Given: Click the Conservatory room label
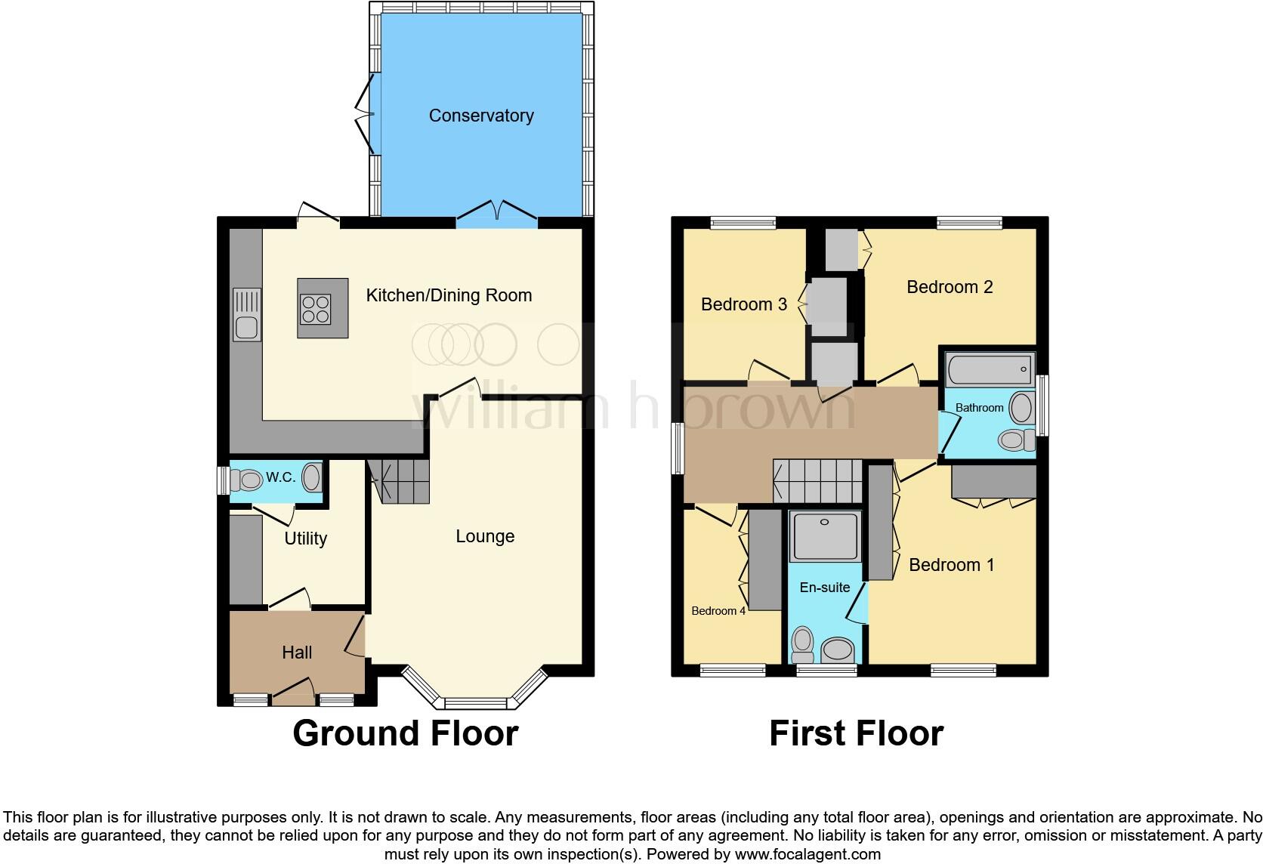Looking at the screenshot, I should click(x=481, y=116).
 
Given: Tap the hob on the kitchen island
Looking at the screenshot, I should click(x=316, y=309).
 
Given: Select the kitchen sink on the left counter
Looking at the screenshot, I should click(x=246, y=314).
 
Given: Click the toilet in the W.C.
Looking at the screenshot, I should click(x=245, y=479).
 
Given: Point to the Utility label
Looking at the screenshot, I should click(x=305, y=538).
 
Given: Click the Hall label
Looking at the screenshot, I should click(x=297, y=653).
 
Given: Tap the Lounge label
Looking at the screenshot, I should click(x=485, y=536).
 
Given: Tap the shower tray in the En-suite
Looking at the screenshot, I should click(x=825, y=537).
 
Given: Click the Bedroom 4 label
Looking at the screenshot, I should click(x=718, y=611).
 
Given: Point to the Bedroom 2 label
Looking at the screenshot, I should click(x=950, y=287).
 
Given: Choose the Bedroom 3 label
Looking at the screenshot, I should click(x=743, y=304).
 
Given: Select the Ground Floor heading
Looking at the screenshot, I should click(x=405, y=733).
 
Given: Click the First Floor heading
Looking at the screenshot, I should click(x=856, y=733).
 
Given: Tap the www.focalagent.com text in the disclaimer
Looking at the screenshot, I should click(x=808, y=855).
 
